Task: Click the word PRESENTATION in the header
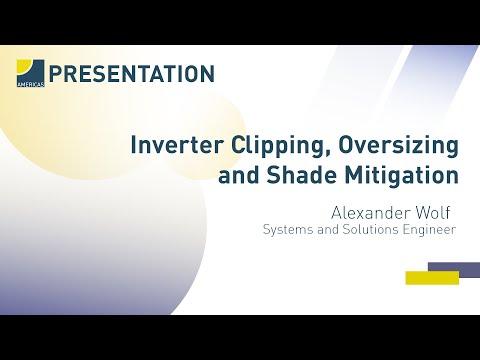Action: point(132,74)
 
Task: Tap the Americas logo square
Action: point(30,73)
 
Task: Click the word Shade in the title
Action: point(301,175)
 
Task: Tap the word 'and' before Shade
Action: point(238,175)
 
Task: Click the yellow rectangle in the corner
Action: point(432,278)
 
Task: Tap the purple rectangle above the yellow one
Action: point(454,268)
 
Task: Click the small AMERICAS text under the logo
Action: point(30,84)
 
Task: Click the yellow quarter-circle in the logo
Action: point(24,67)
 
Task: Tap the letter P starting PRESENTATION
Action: point(55,74)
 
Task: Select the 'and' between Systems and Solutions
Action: point(329,229)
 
